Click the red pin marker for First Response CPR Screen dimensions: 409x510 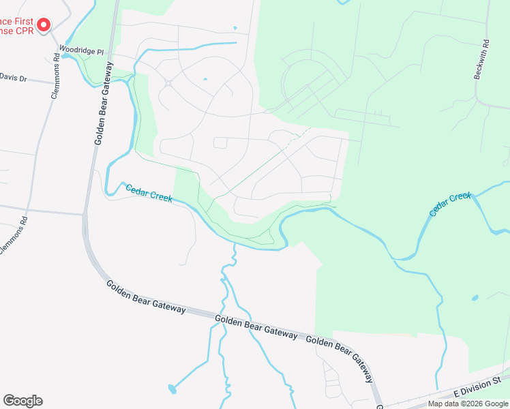click(x=43, y=25)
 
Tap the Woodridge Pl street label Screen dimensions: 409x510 click(x=80, y=50)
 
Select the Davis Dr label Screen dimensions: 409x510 click(x=13, y=78)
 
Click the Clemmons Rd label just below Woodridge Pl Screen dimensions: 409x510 click(x=55, y=78)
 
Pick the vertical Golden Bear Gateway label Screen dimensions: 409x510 click(x=103, y=102)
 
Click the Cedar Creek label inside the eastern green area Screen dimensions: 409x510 click(x=450, y=204)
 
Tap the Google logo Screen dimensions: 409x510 click(x=22, y=401)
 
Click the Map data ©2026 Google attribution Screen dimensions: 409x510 click(x=468, y=404)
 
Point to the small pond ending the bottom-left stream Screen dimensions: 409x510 click(x=171, y=389)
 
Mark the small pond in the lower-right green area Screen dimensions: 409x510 click(x=474, y=298)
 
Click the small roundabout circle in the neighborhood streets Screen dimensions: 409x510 click(x=168, y=83)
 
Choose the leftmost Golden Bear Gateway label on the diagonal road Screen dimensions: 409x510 click(x=145, y=296)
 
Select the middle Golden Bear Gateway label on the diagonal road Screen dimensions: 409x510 click(x=256, y=327)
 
